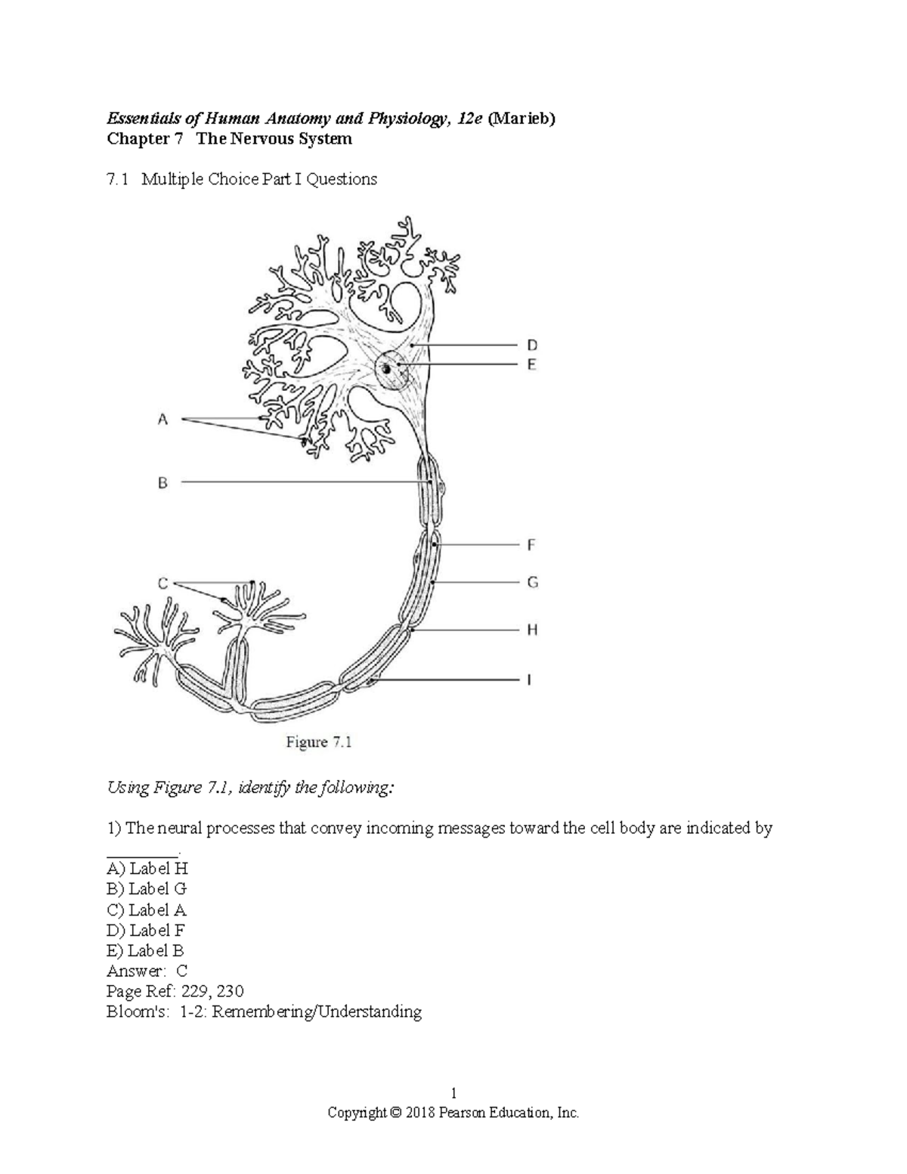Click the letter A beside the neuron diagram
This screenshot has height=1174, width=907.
162,419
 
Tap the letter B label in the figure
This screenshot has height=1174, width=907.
163,482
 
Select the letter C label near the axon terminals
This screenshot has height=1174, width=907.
163,583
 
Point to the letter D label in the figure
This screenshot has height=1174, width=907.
532,345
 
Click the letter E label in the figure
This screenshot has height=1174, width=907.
532,364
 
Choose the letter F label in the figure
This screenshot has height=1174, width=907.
531,544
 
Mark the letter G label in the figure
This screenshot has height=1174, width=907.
532,582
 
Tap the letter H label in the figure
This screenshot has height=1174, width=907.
532,629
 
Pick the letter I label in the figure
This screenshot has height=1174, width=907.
529,680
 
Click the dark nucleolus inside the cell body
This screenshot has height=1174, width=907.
387,370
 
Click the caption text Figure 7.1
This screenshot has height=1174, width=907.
319,742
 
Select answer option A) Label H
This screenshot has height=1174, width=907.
147,869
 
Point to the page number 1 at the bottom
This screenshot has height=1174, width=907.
453,1092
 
